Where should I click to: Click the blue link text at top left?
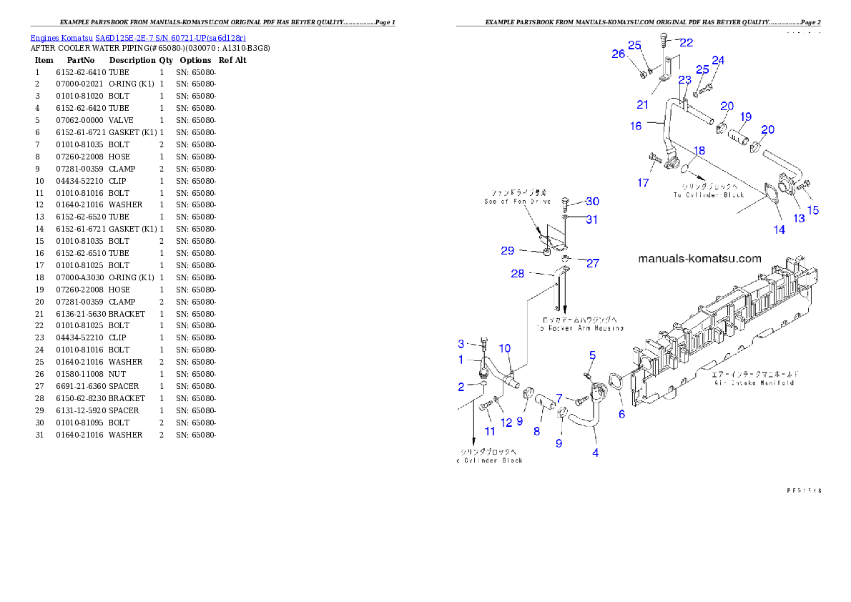[138, 38]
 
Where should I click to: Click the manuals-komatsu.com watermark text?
[699, 259]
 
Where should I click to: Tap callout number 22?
[686, 43]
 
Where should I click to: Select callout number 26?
[618, 54]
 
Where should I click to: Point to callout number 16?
[636, 126]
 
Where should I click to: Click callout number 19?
[746, 117]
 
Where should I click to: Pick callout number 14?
[779, 230]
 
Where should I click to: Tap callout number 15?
[813, 210]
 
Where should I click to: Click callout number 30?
[592, 202]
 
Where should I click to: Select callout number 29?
[507, 251]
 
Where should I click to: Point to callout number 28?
[518, 274]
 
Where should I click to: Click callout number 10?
[505, 348]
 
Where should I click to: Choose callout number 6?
[621, 414]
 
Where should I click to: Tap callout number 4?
[595, 452]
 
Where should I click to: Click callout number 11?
[490, 431]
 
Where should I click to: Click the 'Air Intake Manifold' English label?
[753, 383]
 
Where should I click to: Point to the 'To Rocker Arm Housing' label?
[580, 328]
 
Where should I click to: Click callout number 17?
[643, 183]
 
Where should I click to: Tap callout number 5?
[592, 355]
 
